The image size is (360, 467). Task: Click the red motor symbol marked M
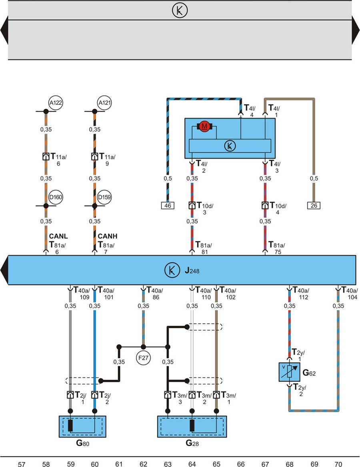(205, 127)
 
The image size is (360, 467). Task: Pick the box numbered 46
(168, 206)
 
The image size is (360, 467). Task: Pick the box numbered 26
(314, 206)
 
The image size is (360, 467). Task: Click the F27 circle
(143, 358)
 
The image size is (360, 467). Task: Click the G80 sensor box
(82, 426)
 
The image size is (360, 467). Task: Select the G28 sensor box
(192, 426)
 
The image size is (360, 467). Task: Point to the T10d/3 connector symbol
(192, 206)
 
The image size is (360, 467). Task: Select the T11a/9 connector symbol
(94, 156)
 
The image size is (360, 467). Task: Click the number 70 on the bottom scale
(338, 464)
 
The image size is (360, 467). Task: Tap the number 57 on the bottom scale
(22, 464)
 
